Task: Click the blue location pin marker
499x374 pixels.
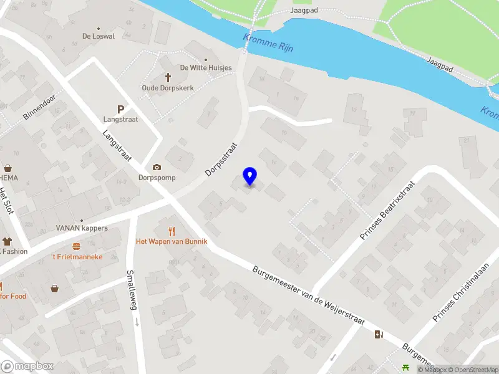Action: point(250,177)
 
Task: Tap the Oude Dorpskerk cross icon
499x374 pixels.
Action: point(168,77)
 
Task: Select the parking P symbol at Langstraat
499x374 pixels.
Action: point(120,108)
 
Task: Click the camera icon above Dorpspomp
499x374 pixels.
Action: point(157,167)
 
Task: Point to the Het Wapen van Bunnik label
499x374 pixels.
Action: point(172,241)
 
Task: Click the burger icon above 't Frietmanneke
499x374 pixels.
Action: point(76,246)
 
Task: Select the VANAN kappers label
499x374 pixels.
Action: point(82,228)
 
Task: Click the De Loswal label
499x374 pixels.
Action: point(99,36)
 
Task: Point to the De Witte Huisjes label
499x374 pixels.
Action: point(206,68)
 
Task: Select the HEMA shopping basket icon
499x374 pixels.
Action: point(9,168)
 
